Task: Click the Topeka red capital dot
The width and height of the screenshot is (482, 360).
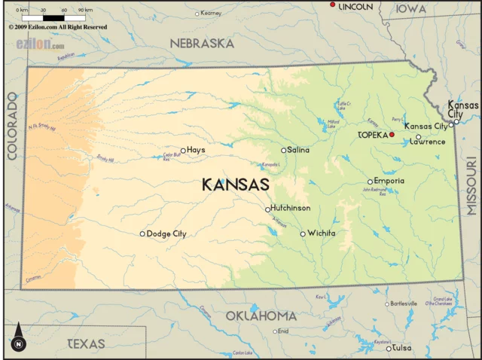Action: click(x=392, y=135)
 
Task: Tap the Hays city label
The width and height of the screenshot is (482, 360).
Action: click(x=196, y=150)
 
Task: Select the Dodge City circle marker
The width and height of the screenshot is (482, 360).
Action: click(x=142, y=233)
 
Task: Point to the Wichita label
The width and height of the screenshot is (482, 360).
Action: click(x=322, y=233)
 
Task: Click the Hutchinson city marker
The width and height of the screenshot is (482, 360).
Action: click(x=267, y=209)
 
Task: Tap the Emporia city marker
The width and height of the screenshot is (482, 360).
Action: click(x=370, y=182)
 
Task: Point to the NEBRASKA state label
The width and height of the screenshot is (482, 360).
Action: click(x=201, y=44)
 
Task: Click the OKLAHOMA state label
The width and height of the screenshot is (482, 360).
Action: click(x=261, y=315)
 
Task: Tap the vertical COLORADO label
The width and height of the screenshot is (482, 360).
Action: click(x=12, y=126)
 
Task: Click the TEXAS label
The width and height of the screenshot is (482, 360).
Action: click(x=87, y=343)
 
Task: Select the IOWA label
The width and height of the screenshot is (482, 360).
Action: click(x=411, y=9)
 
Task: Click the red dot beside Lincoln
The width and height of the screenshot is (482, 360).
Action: click(x=333, y=5)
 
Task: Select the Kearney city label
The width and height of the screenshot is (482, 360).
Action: click(x=212, y=13)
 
